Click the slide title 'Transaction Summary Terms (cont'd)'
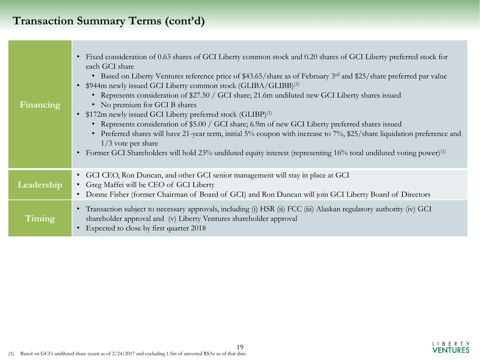coord(110,21)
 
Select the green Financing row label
coord(40,104)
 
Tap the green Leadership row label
coord(40,184)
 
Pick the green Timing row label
coord(40,218)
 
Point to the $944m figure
coord(97,86)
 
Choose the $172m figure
coord(97,114)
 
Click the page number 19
coord(240,347)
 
